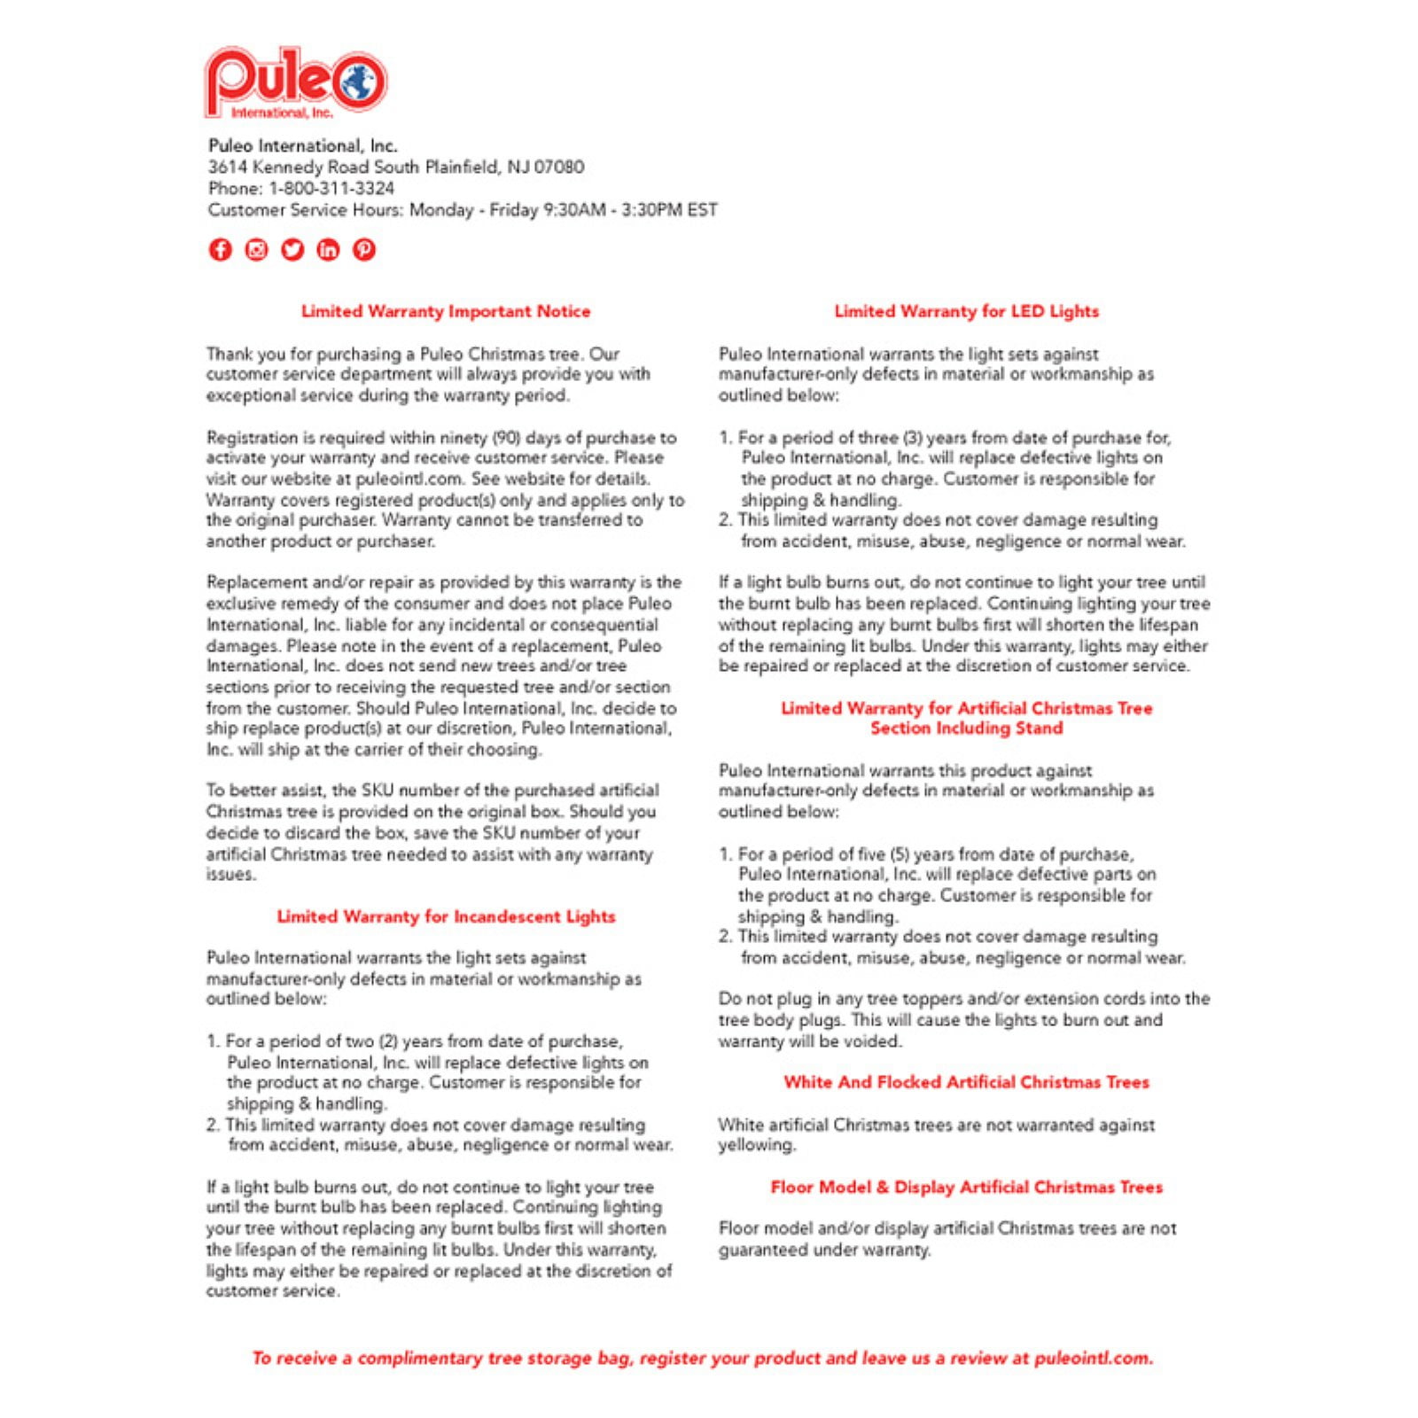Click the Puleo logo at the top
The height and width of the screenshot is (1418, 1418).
point(295,82)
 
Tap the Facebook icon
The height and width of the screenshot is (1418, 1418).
point(220,250)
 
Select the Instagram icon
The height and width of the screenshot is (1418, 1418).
point(256,250)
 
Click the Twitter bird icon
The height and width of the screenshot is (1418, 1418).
point(292,250)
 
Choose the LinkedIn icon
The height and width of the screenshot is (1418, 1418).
point(328,250)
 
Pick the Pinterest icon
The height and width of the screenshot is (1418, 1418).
point(364,250)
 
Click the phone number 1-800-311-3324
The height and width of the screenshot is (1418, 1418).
point(331,189)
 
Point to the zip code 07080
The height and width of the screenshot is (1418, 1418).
point(558,168)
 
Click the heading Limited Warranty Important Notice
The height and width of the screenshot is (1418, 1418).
point(445,311)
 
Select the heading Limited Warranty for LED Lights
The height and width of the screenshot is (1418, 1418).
point(966,311)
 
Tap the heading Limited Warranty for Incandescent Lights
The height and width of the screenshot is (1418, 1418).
point(445,916)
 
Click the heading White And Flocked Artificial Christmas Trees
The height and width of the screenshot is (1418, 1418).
point(966,1082)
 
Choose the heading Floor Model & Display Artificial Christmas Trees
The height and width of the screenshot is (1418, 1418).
point(966,1188)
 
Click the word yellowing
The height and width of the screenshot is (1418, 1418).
point(756,1145)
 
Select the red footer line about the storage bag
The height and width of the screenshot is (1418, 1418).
point(702,1358)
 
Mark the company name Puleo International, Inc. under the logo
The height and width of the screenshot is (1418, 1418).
point(302,146)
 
